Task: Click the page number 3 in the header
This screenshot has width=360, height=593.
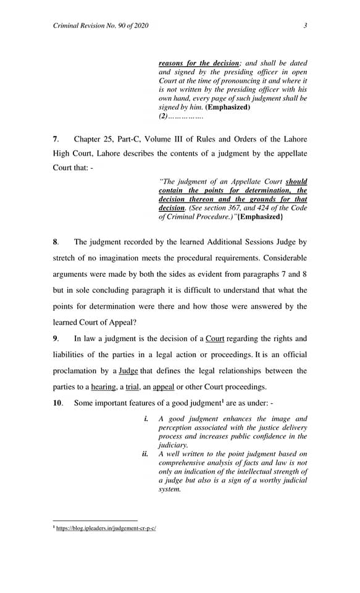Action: (x=305, y=25)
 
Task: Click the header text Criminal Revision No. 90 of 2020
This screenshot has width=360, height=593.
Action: (x=101, y=25)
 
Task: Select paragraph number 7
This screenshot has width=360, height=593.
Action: (x=56, y=139)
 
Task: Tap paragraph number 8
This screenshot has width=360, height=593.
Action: (x=56, y=242)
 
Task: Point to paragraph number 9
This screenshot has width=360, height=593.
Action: (x=56, y=339)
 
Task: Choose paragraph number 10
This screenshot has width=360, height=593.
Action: (x=57, y=403)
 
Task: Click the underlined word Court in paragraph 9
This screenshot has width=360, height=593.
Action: (x=215, y=339)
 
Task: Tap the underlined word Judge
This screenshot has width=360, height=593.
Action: (x=129, y=371)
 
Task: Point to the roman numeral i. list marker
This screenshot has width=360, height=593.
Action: (x=146, y=419)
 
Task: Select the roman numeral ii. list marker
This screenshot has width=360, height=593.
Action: (x=146, y=454)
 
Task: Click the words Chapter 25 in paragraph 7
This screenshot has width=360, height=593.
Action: (x=92, y=139)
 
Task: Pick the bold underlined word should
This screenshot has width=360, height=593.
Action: (x=296, y=182)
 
